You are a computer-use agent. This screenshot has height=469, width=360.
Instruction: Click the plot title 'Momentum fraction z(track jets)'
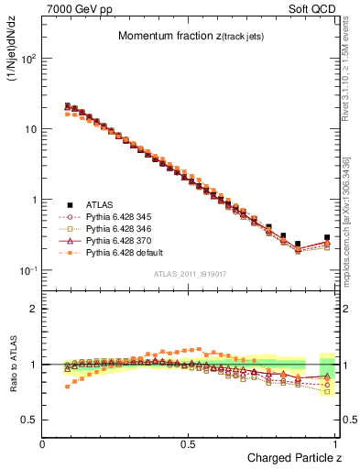pos(188,36)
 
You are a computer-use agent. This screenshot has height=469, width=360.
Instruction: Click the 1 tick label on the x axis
pos(336,443)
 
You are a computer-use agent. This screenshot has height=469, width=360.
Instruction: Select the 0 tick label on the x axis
pos(42,443)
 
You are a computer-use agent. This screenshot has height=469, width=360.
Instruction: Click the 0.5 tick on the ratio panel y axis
pos(28,420)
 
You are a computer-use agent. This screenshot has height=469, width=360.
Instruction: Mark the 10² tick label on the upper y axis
pos(27,58)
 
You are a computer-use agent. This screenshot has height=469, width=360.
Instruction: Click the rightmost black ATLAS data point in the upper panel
pos(327,237)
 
